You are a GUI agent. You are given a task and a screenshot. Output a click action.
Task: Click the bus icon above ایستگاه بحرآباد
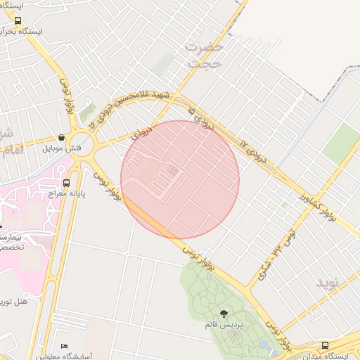[x=18, y=21]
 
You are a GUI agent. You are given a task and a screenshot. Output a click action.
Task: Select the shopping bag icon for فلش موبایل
[x=63, y=138]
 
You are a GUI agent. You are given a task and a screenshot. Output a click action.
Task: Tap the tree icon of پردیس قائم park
[x=224, y=314]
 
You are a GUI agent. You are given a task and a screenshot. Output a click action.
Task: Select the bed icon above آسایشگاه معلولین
[x=65, y=347]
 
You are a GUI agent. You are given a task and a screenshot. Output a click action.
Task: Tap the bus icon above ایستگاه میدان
[x=324, y=345]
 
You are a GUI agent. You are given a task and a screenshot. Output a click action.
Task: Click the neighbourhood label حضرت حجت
[x=205, y=55]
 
